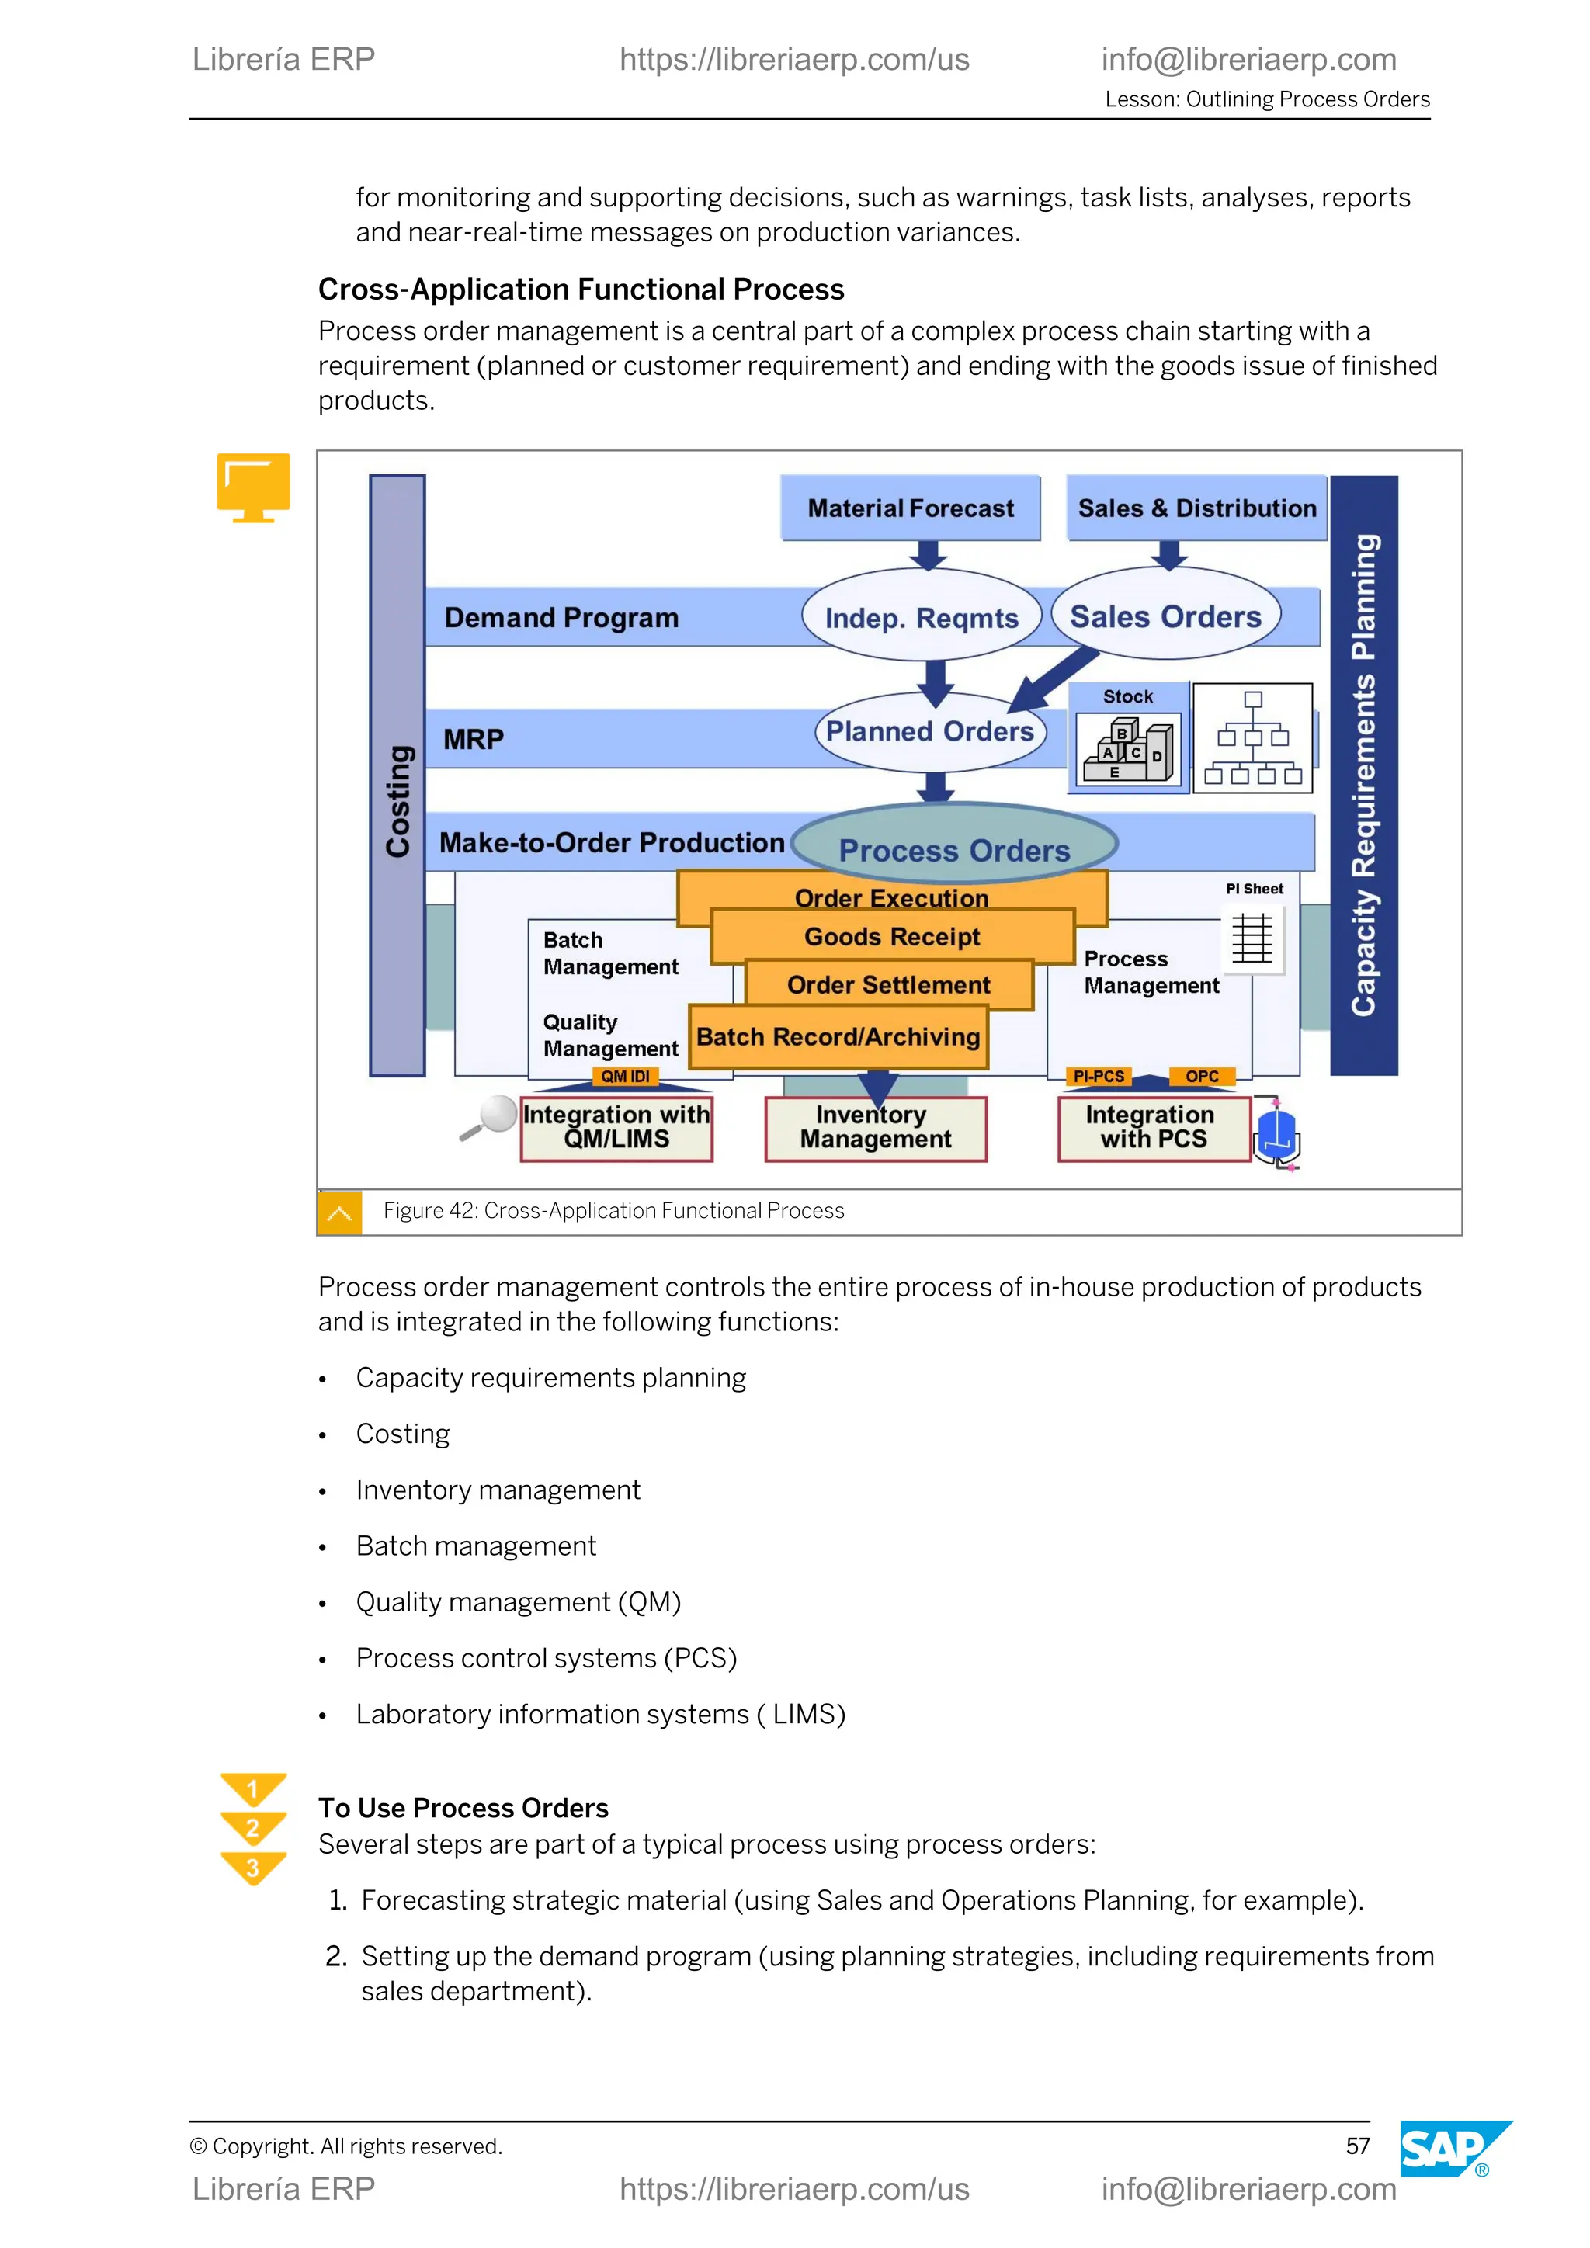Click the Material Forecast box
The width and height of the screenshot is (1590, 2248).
pos(910,508)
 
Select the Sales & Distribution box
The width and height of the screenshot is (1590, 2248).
pos(1196,508)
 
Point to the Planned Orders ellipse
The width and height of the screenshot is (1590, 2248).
pos(929,731)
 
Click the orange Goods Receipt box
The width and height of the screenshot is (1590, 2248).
pos(892,937)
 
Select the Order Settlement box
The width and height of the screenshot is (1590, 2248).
pos(888,985)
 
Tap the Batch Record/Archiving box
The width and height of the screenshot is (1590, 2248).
pos(838,1037)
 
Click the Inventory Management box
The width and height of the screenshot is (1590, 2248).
pos(875,1128)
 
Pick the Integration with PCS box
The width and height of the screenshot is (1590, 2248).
pos(1154,1128)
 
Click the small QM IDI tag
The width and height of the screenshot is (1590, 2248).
pos(625,1076)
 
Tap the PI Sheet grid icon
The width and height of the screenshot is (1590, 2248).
pos(1252,938)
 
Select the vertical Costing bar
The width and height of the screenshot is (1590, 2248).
pos(397,775)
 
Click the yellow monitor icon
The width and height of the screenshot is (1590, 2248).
pos(254,487)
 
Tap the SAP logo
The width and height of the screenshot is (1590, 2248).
pos(1448,2149)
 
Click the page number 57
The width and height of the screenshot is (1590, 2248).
pos(1357,2146)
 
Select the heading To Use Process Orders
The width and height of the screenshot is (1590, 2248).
pos(463,1807)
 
